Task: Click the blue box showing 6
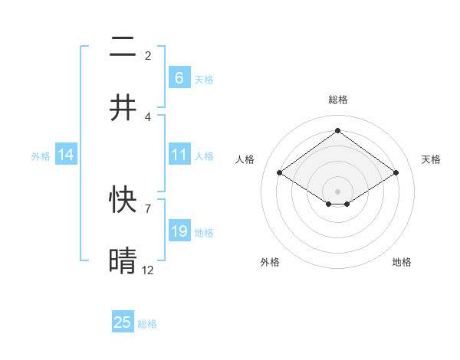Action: [x=179, y=77]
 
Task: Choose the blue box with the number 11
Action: [x=179, y=155]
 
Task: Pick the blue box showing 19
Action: [x=179, y=231]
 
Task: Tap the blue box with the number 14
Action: [x=66, y=155]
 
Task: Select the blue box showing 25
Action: [x=123, y=322]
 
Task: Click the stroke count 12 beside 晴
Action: [x=148, y=270]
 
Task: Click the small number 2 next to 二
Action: [x=147, y=56]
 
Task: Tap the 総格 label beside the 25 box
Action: [x=148, y=324]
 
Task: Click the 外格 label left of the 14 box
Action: [x=41, y=155]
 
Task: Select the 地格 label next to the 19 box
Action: [x=204, y=232]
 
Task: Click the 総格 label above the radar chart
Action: [x=338, y=100]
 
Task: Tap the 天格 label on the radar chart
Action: [x=431, y=159]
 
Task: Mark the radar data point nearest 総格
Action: [x=337, y=131]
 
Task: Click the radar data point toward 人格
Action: [x=280, y=173]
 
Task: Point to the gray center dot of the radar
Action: [x=337, y=191]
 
